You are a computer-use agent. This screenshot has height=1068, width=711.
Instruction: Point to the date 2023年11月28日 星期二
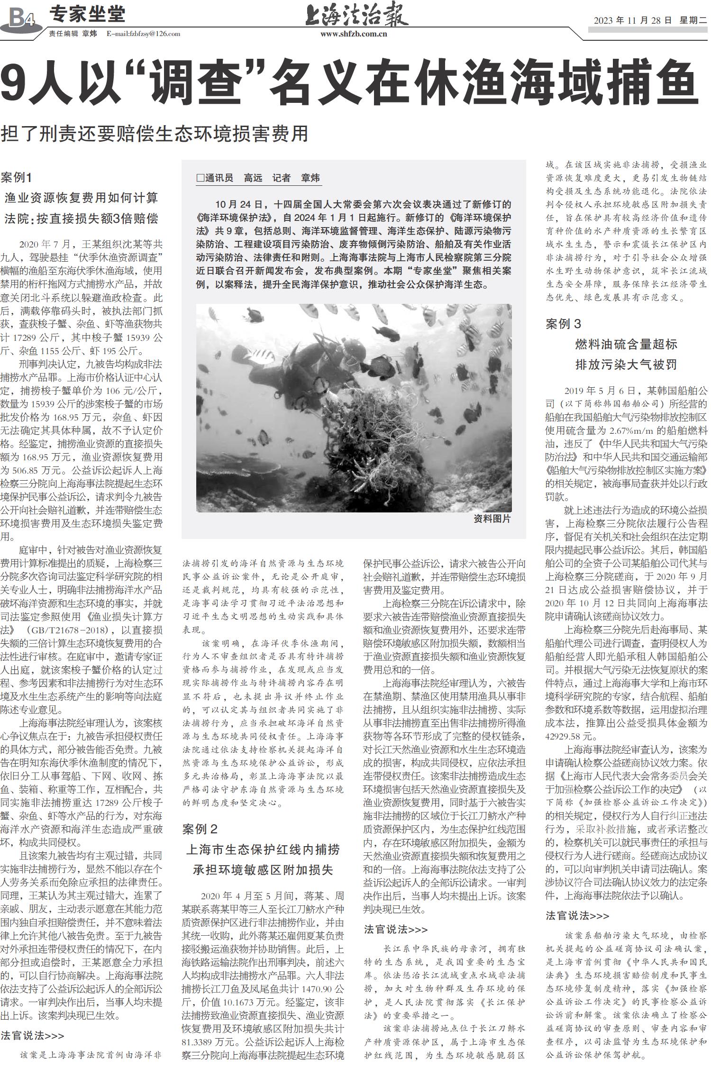click(x=650, y=20)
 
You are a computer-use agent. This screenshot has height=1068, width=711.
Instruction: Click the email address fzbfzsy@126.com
click(x=143, y=34)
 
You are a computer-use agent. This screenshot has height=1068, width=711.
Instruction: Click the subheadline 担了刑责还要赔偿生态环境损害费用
click(x=155, y=134)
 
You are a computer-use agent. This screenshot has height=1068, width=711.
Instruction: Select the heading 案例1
click(x=16, y=178)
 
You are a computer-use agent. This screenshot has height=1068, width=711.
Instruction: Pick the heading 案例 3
click(x=563, y=324)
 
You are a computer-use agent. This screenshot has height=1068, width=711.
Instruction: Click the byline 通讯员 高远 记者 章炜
click(x=258, y=178)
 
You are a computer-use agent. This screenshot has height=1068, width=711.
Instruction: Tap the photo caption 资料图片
click(x=492, y=519)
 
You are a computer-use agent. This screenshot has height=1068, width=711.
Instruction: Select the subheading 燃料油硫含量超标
click(x=626, y=344)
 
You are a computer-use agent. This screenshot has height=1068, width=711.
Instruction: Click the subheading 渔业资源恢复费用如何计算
click(x=81, y=198)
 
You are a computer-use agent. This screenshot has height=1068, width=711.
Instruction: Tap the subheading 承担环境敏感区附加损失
click(x=263, y=870)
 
